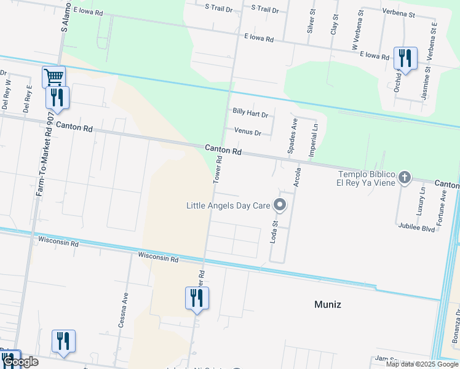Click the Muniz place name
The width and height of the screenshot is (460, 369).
(x=327, y=304)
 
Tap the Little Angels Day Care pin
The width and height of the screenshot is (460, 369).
(x=280, y=204)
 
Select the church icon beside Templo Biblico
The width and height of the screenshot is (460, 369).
(x=404, y=178)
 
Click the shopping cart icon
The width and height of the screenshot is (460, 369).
(x=54, y=77)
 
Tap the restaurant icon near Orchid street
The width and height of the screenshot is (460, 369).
(x=405, y=58)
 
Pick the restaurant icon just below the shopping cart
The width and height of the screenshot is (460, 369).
(x=57, y=97)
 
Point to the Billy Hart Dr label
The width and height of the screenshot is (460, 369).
(x=250, y=114)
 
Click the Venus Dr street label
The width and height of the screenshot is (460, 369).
(x=248, y=132)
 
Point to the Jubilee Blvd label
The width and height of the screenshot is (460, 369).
(x=416, y=229)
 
